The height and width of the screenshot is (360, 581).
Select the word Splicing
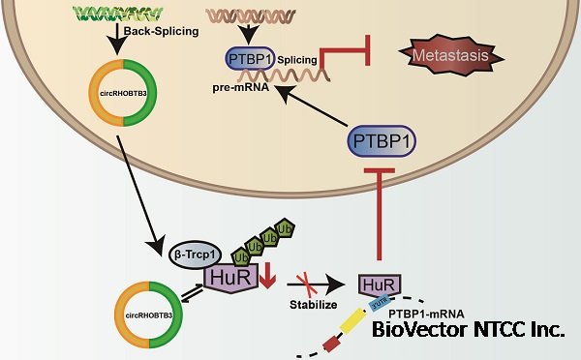coord(296,60)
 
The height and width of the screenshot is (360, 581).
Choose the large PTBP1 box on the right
coord(386,142)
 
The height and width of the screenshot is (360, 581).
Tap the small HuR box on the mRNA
coord(377,285)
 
